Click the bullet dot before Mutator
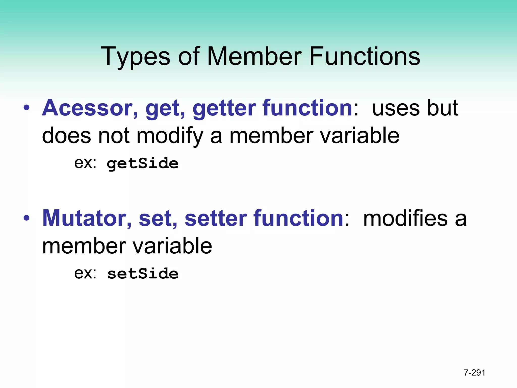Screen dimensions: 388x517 [27, 218]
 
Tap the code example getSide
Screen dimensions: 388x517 [143, 163]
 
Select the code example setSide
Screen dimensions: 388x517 [143, 274]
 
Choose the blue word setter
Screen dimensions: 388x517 [216, 218]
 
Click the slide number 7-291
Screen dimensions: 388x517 [474, 373]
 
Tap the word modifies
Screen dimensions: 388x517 [405, 218]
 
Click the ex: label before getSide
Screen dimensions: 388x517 [85, 163]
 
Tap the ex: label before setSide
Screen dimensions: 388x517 [85, 273]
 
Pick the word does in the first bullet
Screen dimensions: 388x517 [66, 136]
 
